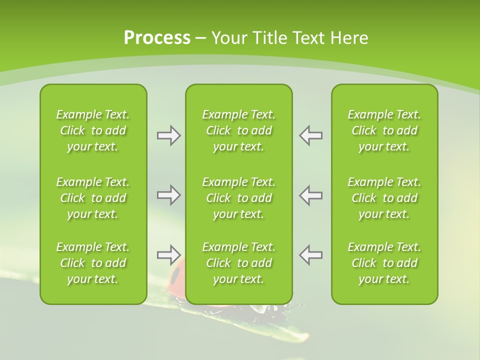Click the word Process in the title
click(x=157, y=38)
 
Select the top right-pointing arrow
click(x=168, y=135)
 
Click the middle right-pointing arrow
click(x=168, y=195)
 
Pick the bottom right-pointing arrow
click(x=168, y=255)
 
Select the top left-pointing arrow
click(x=310, y=135)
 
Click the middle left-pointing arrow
click(x=310, y=195)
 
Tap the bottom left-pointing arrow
click(x=310, y=255)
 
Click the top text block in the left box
click(x=93, y=130)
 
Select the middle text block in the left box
click(x=93, y=198)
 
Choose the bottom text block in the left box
click(x=93, y=263)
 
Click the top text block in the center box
click(x=239, y=130)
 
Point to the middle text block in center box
click(x=239, y=198)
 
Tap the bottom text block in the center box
click(x=239, y=263)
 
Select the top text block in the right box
click(x=384, y=130)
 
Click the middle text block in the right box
click(x=384, y=198)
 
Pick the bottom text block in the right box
click(x=384, y=263)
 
